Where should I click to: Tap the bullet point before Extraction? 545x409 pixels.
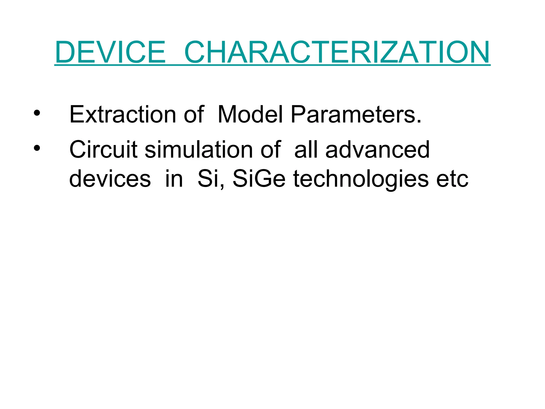tap(37, 113)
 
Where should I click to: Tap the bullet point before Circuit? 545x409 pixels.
tap(37, 148)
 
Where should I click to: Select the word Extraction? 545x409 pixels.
tap(122, 114)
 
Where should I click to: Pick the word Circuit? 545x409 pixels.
tap(103, 150)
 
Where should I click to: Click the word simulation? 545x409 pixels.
tap(198, 150)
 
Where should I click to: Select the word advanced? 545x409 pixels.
tap(377, 150)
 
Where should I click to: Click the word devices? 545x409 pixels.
tap(110, 179)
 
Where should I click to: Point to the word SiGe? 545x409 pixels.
tap(259, 179)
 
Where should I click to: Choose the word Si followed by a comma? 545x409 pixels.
tap(209, 179)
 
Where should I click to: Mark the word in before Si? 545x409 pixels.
tap(174, 179)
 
